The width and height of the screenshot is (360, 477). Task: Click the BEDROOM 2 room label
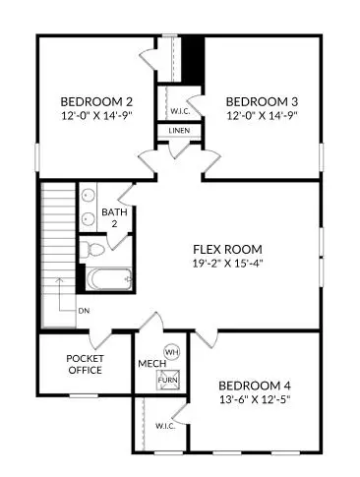[x=96, y=101]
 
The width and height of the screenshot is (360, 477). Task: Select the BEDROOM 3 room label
[x=262, y=101]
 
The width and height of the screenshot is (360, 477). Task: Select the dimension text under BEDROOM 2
[x=96, y=115]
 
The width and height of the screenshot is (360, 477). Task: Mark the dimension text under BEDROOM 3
[x=262, y=115]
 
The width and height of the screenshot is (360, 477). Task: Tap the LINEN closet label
[x=179, y=130]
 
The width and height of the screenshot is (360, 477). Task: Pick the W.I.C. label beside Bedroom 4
[x=165, y=426]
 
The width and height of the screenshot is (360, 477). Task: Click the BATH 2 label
[x=116, y=217]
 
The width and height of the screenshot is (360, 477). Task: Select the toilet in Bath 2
[x=87, y=247]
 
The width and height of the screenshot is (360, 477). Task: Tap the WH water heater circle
[x=170, y=351]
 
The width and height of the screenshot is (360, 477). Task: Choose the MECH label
[x=150, y=364]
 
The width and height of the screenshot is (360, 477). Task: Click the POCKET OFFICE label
[x=86, y=365]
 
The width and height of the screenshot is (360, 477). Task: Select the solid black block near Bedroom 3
[x=193, y=60]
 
